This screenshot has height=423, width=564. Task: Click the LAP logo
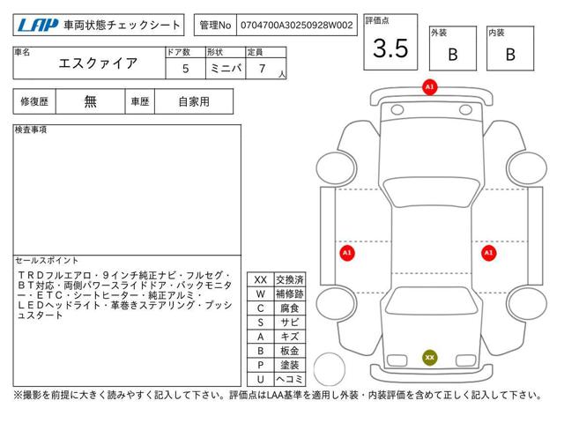click(x=35, y=26)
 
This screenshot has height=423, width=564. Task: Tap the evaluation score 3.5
click(x=390, y=48)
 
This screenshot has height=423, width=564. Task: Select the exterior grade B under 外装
click(x=452, y=54)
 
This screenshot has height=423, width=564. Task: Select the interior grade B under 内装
click(x=510, y=54)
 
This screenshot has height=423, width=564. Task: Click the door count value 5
click(x=184, y=67)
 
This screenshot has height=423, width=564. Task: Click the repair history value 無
click(x=90, y=101)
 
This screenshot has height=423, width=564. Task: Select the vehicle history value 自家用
click(x=193, y=101)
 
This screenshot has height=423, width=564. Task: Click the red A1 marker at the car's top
click(x=429, y=87)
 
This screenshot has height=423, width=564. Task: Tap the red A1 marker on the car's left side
click(x=347, y=253)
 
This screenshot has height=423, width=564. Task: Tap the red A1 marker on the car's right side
click(x=487, y=253)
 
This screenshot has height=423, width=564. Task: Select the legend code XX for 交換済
click(x=260, y=279)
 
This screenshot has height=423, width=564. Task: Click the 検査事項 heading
click(x=31, y=130)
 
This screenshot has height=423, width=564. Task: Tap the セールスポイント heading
click(x=47, y=261)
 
